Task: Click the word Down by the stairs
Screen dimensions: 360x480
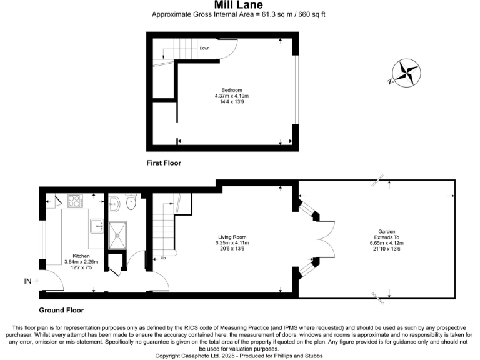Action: click(x=204, y=48)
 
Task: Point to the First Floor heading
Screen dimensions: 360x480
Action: click(x=163, y=163)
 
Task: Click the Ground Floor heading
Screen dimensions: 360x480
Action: click(x=61, y=310)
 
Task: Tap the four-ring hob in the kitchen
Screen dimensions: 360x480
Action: click(x=75, y=201)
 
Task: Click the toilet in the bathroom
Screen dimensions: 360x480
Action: click(x=131, y=202)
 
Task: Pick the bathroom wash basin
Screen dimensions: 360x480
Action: click(x=113, y=202)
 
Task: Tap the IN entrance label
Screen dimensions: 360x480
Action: click(x=28, y=282)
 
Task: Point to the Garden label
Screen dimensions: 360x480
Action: click(x=386, y=231)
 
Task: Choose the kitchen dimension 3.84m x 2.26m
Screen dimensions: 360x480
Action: click(x=81, y=262)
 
